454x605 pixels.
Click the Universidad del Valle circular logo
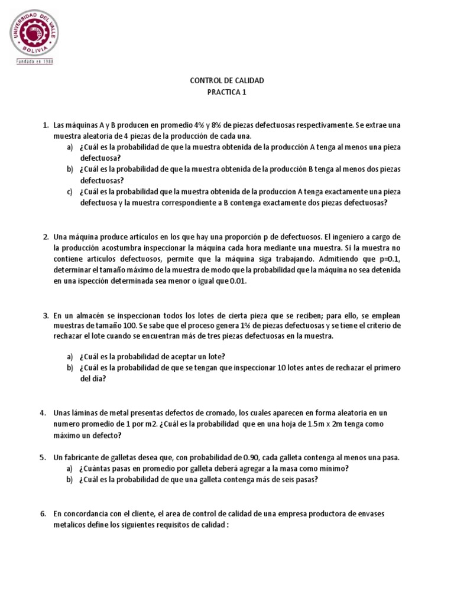[x=34, y=33]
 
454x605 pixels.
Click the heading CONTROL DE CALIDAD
[x=227, y=80]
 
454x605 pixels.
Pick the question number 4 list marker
[x=44, y=412]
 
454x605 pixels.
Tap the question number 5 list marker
[x=44, y=458]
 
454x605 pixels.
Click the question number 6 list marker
[x=44, y=514]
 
